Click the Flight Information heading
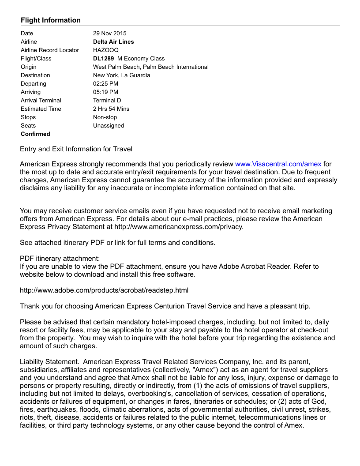[x=51, y=20]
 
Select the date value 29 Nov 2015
[x=109, y=33]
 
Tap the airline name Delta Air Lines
[x=113, y=41]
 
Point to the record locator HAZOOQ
[x=106, y=50]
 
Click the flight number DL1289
[x=104, y=58]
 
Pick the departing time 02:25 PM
[x=105, y=83]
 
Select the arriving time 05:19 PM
[x=105, y=92]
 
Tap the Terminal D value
[x=107, y=100]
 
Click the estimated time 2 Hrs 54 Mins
[x=111, y=109]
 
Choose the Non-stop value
[x=105, y=117]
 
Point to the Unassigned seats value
[x=109, y=125]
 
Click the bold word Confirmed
[x=35, y=134]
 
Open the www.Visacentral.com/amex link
[x=278, y=164]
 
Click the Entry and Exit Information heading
[x=77, y=149]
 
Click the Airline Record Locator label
[x=50, y=50]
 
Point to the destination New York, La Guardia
[x=121, y=75]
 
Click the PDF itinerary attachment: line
[x=60, y=258]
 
